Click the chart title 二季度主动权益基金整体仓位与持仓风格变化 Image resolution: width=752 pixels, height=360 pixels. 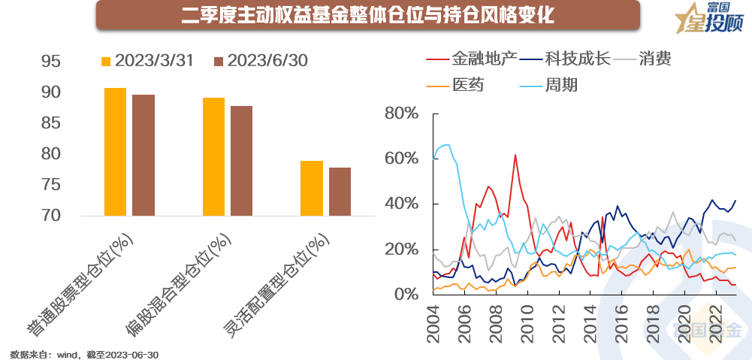point(368,15)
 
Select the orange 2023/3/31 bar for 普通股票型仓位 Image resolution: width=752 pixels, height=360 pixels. point(115,152)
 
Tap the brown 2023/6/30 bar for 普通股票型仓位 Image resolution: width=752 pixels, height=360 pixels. point(143,155)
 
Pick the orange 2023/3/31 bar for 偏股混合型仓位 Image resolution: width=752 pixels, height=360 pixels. point(213,156)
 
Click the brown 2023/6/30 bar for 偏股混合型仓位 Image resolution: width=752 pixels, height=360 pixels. point(241,161)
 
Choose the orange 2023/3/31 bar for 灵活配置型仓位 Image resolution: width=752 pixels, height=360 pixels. point(312,188)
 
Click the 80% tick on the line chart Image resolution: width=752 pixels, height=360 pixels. point(400,113)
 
